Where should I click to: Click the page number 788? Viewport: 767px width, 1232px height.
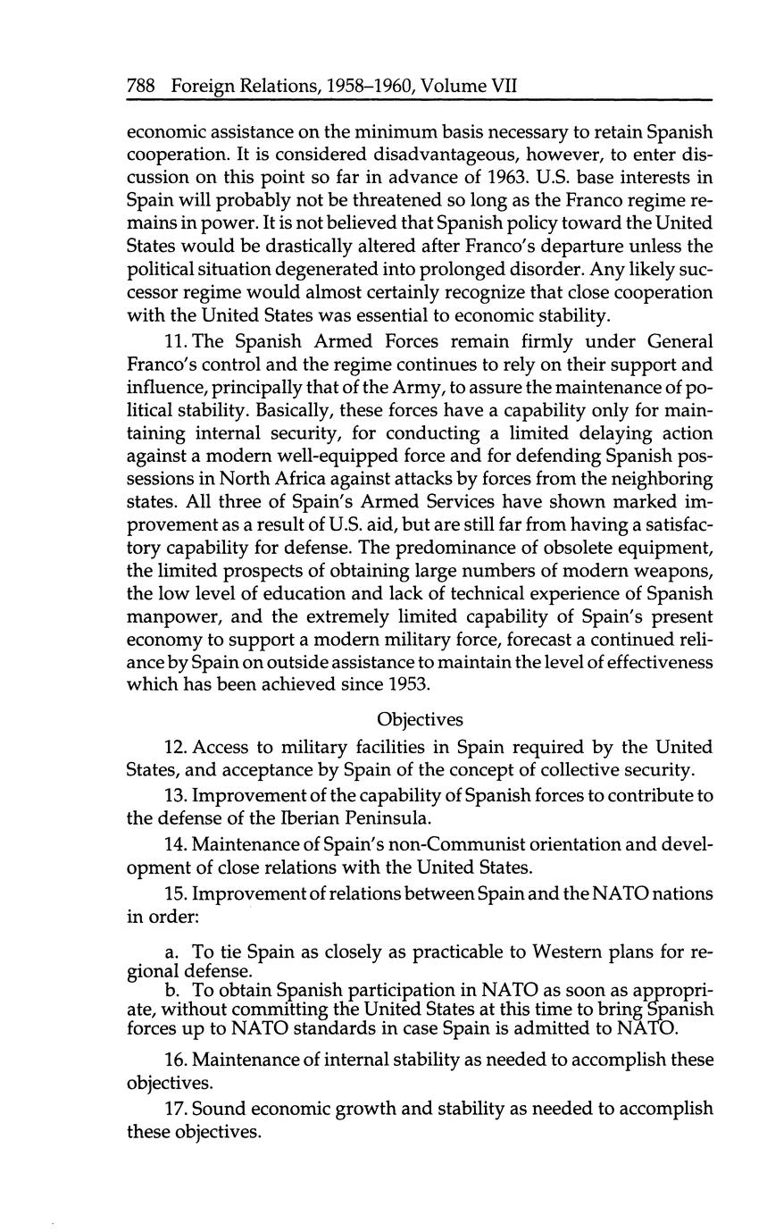(142, 86)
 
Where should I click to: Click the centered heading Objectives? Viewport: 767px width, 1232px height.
(420, 718)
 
